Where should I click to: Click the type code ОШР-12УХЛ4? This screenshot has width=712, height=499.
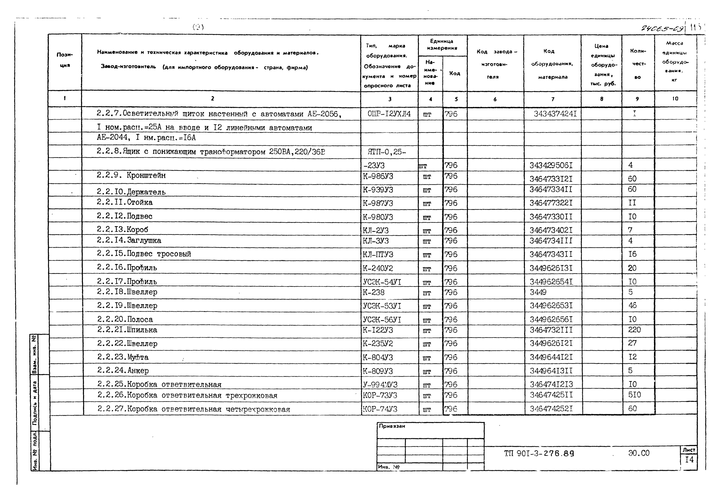[x=389, y=114]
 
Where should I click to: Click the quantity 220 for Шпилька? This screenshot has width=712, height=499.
[x=634, y=330]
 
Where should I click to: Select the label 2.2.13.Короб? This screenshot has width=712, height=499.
[x=123, y=230]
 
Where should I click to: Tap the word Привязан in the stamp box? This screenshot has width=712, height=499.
[x=392, y=426]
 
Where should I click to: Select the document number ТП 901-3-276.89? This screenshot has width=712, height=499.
[x=539, y=454]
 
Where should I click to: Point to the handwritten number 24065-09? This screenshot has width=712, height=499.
[x=662, y=29]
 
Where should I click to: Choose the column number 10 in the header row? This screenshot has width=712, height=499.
[x=675, y=99]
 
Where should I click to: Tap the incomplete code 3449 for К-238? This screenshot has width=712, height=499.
[x=538, y=292]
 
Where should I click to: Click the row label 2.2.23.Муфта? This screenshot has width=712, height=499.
[x=123, y=357]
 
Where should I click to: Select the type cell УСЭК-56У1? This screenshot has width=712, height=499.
[x=382, y=320]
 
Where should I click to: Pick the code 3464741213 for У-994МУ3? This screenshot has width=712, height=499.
[x=551, y=384]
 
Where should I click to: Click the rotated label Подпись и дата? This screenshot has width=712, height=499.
[x=35, y=403]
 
